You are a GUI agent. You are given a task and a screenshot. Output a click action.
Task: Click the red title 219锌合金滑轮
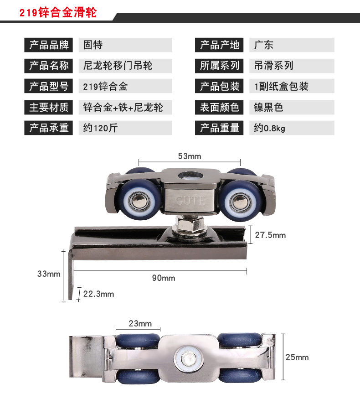point(58,12)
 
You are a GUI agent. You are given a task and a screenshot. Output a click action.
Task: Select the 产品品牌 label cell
point(49,45)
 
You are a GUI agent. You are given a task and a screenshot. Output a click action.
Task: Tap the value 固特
point(93,45)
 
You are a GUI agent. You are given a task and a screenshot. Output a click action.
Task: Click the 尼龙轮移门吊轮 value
point(118,66)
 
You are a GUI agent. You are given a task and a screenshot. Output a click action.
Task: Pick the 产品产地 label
point(219,45)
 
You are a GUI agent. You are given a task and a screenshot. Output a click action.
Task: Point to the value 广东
point(263,45)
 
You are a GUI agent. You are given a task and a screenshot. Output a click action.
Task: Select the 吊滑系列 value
point(273,66)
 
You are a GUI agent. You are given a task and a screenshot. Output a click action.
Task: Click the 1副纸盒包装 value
point(281,86)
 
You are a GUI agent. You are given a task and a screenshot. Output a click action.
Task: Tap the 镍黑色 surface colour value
point(268,107)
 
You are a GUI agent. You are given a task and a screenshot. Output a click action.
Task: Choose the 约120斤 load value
point(100,128)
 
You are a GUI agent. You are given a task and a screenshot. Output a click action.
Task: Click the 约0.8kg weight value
point(269,128)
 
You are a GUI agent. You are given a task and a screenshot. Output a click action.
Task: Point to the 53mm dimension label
point(190,156)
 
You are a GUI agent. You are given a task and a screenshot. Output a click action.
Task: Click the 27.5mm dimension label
point(270,235)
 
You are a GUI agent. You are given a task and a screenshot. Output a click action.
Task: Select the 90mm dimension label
point(164,278)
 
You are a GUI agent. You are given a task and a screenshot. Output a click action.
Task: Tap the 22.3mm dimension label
point(98,294)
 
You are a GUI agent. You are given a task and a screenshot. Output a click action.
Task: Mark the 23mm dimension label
point(140,323)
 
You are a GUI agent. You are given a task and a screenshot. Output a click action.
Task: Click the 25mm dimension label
point(297,357)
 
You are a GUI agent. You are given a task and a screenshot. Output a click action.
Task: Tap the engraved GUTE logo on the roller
point(190,201)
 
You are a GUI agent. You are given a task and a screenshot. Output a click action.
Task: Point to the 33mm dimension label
point(49,274)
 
